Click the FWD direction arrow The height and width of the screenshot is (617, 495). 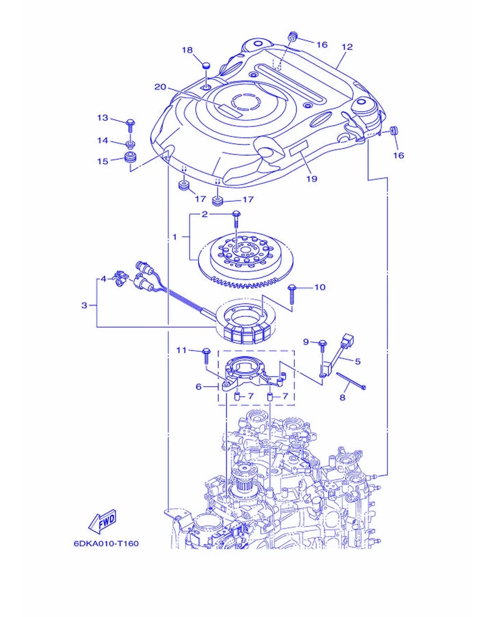(x=103, y=522)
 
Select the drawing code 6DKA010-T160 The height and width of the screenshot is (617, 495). (x=106, y=543)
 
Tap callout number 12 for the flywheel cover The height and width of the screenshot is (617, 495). (x=347, y=47)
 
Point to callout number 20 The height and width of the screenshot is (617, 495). (x=160, y=87)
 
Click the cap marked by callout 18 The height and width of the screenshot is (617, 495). (x=206, y=66)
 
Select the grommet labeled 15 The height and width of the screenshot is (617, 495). (x=131, y=158)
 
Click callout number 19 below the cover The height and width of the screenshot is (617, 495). (x=312, y=179)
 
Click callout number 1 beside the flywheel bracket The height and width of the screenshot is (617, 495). (x=175, y=237)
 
